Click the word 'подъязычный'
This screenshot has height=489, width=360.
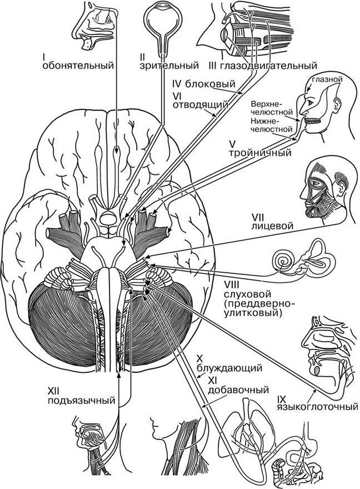(x=82, y=400)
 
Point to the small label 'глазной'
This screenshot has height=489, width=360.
(x=326, y=79)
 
